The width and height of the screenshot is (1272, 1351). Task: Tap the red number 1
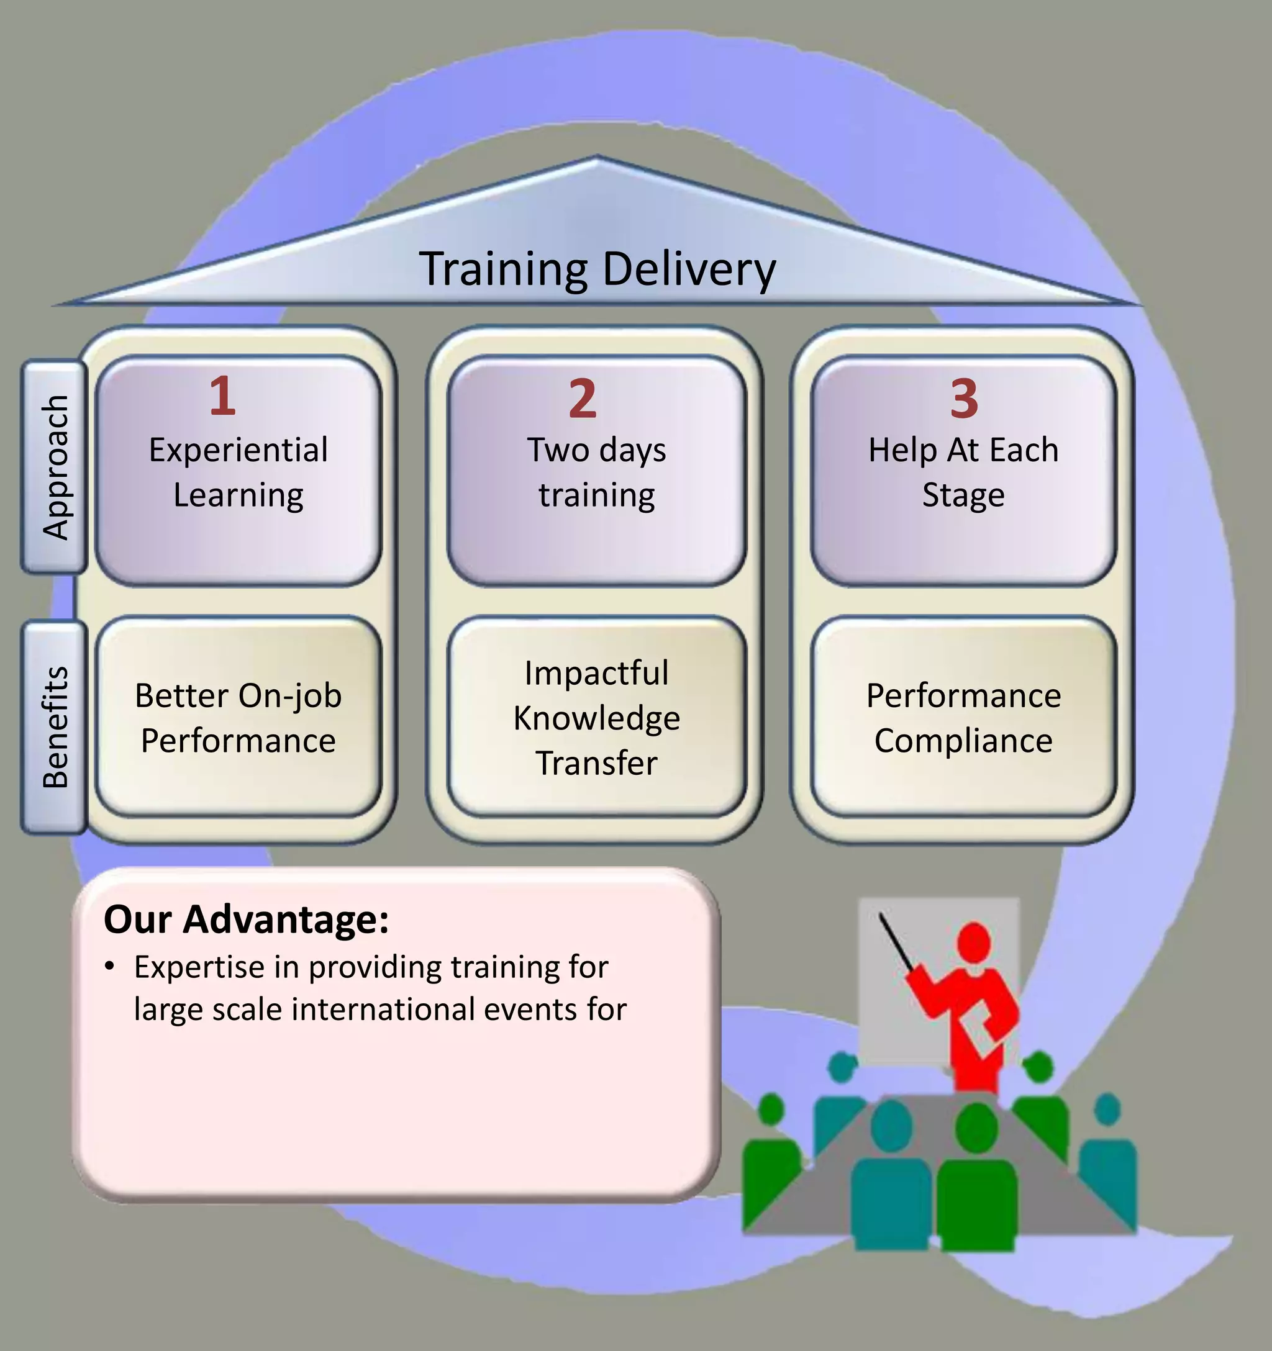click(222, 396)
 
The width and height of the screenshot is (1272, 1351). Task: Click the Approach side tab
click(55, 467)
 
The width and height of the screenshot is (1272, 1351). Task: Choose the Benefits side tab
click(55, 726)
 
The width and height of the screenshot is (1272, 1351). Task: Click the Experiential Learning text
click(238, 472)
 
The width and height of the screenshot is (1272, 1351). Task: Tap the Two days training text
click(597, 472)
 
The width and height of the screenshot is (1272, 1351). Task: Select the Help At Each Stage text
click(963, 472)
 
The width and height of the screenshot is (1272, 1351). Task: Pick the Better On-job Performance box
click(238, 718)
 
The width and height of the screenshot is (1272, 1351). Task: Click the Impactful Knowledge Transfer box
click(597, 718)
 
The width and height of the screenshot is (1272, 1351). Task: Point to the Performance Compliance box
click(963, 718)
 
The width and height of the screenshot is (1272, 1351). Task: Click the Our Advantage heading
click(246, 919)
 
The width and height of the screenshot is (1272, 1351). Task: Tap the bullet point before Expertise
click(109, 966)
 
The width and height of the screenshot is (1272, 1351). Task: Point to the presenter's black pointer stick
click(896, 942)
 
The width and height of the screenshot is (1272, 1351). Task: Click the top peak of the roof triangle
click(597, 159)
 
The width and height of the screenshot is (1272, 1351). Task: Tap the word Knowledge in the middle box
click(597, 718)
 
